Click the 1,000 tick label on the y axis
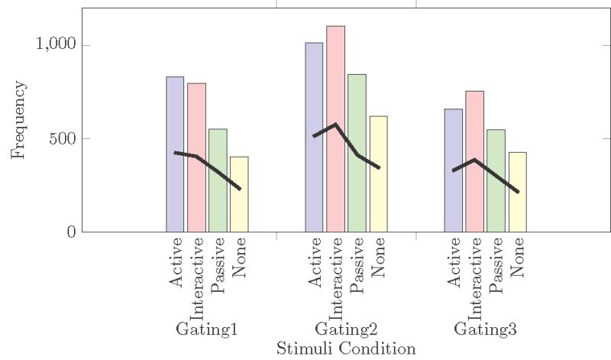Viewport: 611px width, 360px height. (57, 44)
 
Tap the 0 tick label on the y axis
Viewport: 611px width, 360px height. (70, 232)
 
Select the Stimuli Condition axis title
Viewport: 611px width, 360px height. (346, 349)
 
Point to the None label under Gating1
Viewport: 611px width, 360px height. (239, 261)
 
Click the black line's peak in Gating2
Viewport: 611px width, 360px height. (335, 124)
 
